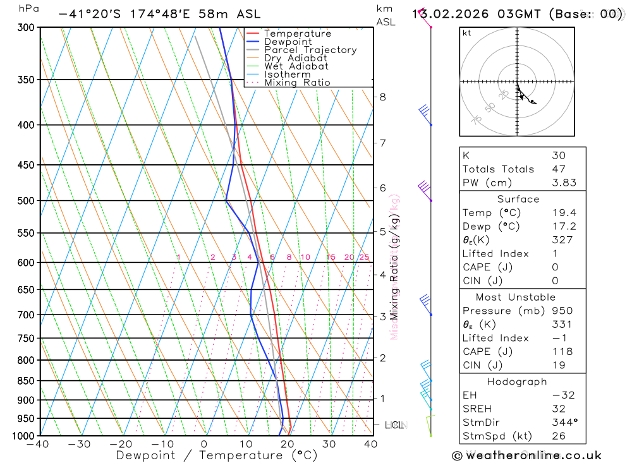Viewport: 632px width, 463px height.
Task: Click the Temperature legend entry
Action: [297, 33]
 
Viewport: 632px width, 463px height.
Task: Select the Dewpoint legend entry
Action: [288, 42]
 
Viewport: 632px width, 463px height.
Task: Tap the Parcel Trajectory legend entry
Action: [310, 50]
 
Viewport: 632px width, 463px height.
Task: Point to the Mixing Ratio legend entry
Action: [297, 83]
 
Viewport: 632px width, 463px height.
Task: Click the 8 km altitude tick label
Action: [382, 97]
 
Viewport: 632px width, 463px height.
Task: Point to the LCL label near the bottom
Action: [394, 425]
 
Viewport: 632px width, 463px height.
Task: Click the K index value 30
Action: [559, 155]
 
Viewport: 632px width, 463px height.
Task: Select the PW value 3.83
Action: [564, 183]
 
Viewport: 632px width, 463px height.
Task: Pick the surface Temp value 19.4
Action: [564, 213]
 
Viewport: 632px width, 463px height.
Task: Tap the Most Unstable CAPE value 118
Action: [562, 352]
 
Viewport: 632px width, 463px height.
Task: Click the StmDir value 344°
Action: [564, 423]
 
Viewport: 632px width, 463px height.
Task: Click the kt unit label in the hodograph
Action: [467, 33]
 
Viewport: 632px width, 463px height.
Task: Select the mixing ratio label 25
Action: [364, 257]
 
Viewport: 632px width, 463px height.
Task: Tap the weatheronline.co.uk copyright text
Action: [526, 455]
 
